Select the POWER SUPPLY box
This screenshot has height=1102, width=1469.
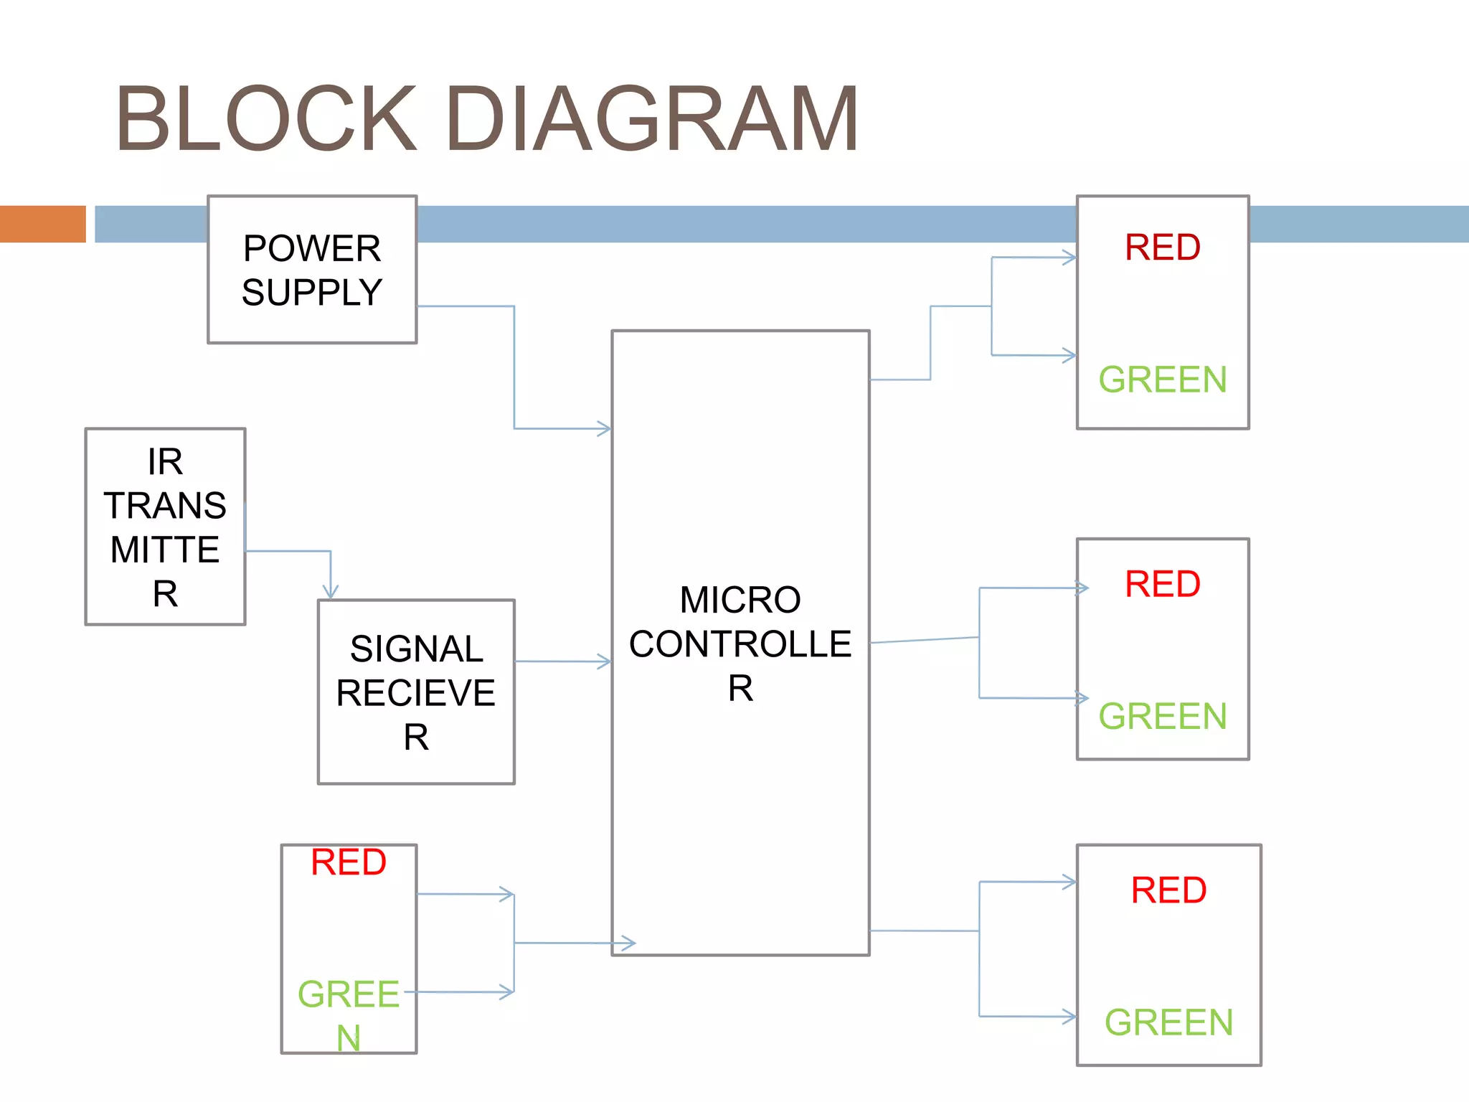click(312, 270)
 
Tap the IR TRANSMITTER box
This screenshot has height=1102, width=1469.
click(165, 527)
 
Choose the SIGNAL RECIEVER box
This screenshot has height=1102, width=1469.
click(416, 692)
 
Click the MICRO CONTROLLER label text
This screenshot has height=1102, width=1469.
click(740, 643)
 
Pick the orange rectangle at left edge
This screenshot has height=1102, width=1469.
click(42, 224)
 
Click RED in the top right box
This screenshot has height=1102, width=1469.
click(1162, 248)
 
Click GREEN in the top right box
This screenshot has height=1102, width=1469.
click(1162, 380)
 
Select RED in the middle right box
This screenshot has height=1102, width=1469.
click(1162, 584)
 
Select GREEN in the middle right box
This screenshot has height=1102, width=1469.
click(1162, 716)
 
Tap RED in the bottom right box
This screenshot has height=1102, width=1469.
click(1168, 890)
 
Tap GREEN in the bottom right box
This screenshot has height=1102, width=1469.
click(1168, 1022)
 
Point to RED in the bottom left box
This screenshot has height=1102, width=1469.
click(349, 862)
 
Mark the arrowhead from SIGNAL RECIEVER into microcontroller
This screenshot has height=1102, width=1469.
click(605, 661)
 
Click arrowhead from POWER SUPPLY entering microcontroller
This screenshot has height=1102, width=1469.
click(605, 429)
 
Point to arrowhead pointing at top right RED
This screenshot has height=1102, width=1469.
click(1069, 258)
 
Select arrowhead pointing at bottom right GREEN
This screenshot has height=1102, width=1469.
click(1069, 1017)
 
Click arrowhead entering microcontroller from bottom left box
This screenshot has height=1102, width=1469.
click(628, 943)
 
